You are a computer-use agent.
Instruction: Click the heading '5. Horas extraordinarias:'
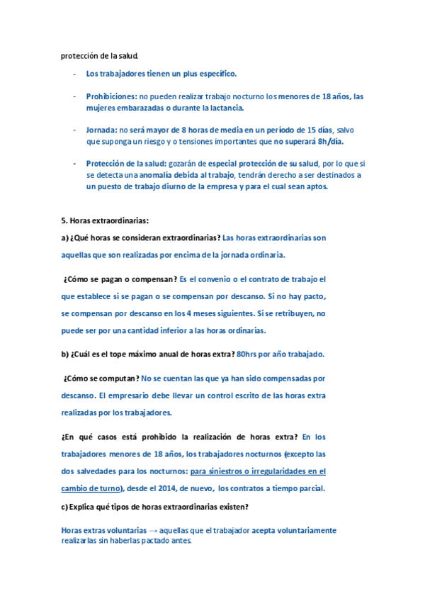pos(105,220)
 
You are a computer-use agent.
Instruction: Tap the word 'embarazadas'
pos(146,108)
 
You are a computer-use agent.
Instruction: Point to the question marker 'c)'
pos(65,505)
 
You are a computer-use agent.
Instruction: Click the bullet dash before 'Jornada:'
pos(74,130)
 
